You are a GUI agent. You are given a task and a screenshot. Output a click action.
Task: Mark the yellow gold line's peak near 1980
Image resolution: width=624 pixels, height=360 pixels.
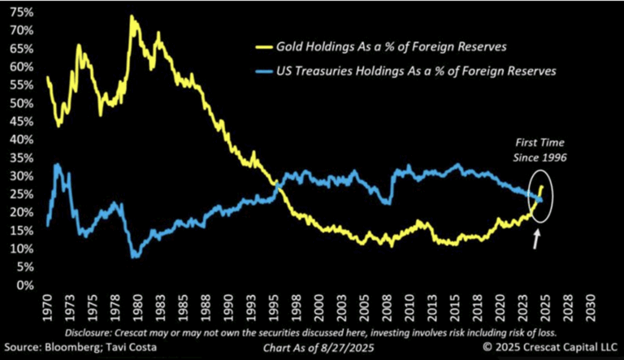pyautogui.click(x=131, y=17)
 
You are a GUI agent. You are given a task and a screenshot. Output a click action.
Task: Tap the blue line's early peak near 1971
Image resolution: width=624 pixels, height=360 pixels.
pyautogui.click(x=56, y=165)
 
